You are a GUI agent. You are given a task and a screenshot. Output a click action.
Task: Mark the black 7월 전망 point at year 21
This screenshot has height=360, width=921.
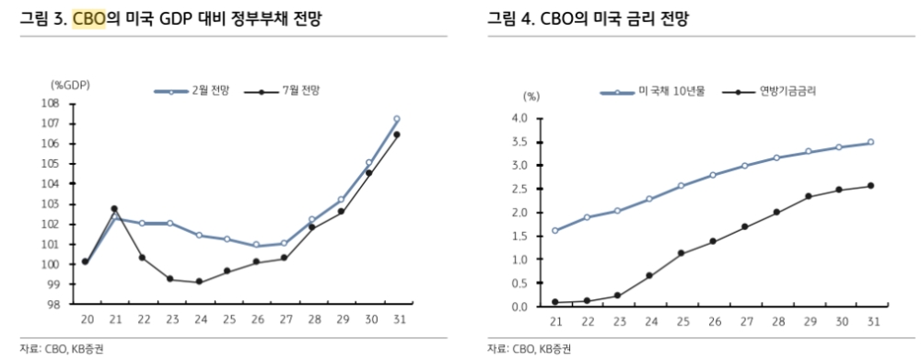click(x=114, y=209)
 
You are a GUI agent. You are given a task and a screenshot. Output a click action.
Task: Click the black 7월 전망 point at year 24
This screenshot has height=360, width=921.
click(x=199, y=282)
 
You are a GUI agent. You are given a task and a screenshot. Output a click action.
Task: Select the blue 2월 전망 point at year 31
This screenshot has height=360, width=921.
click(x=397, y=119)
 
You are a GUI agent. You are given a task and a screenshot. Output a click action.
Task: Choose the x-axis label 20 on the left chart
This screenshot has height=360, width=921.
click(x=86, y=319)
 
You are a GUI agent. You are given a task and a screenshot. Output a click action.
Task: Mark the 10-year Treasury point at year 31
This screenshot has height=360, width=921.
click(x=870, y=143)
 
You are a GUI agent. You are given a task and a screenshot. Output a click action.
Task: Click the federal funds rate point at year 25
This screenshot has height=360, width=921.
click(x=682, y=253)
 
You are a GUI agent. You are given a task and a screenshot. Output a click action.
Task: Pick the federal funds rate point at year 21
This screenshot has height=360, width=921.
click(x=555, y=302)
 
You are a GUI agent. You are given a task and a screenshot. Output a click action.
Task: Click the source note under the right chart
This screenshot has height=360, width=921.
click(x=530, y=348)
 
